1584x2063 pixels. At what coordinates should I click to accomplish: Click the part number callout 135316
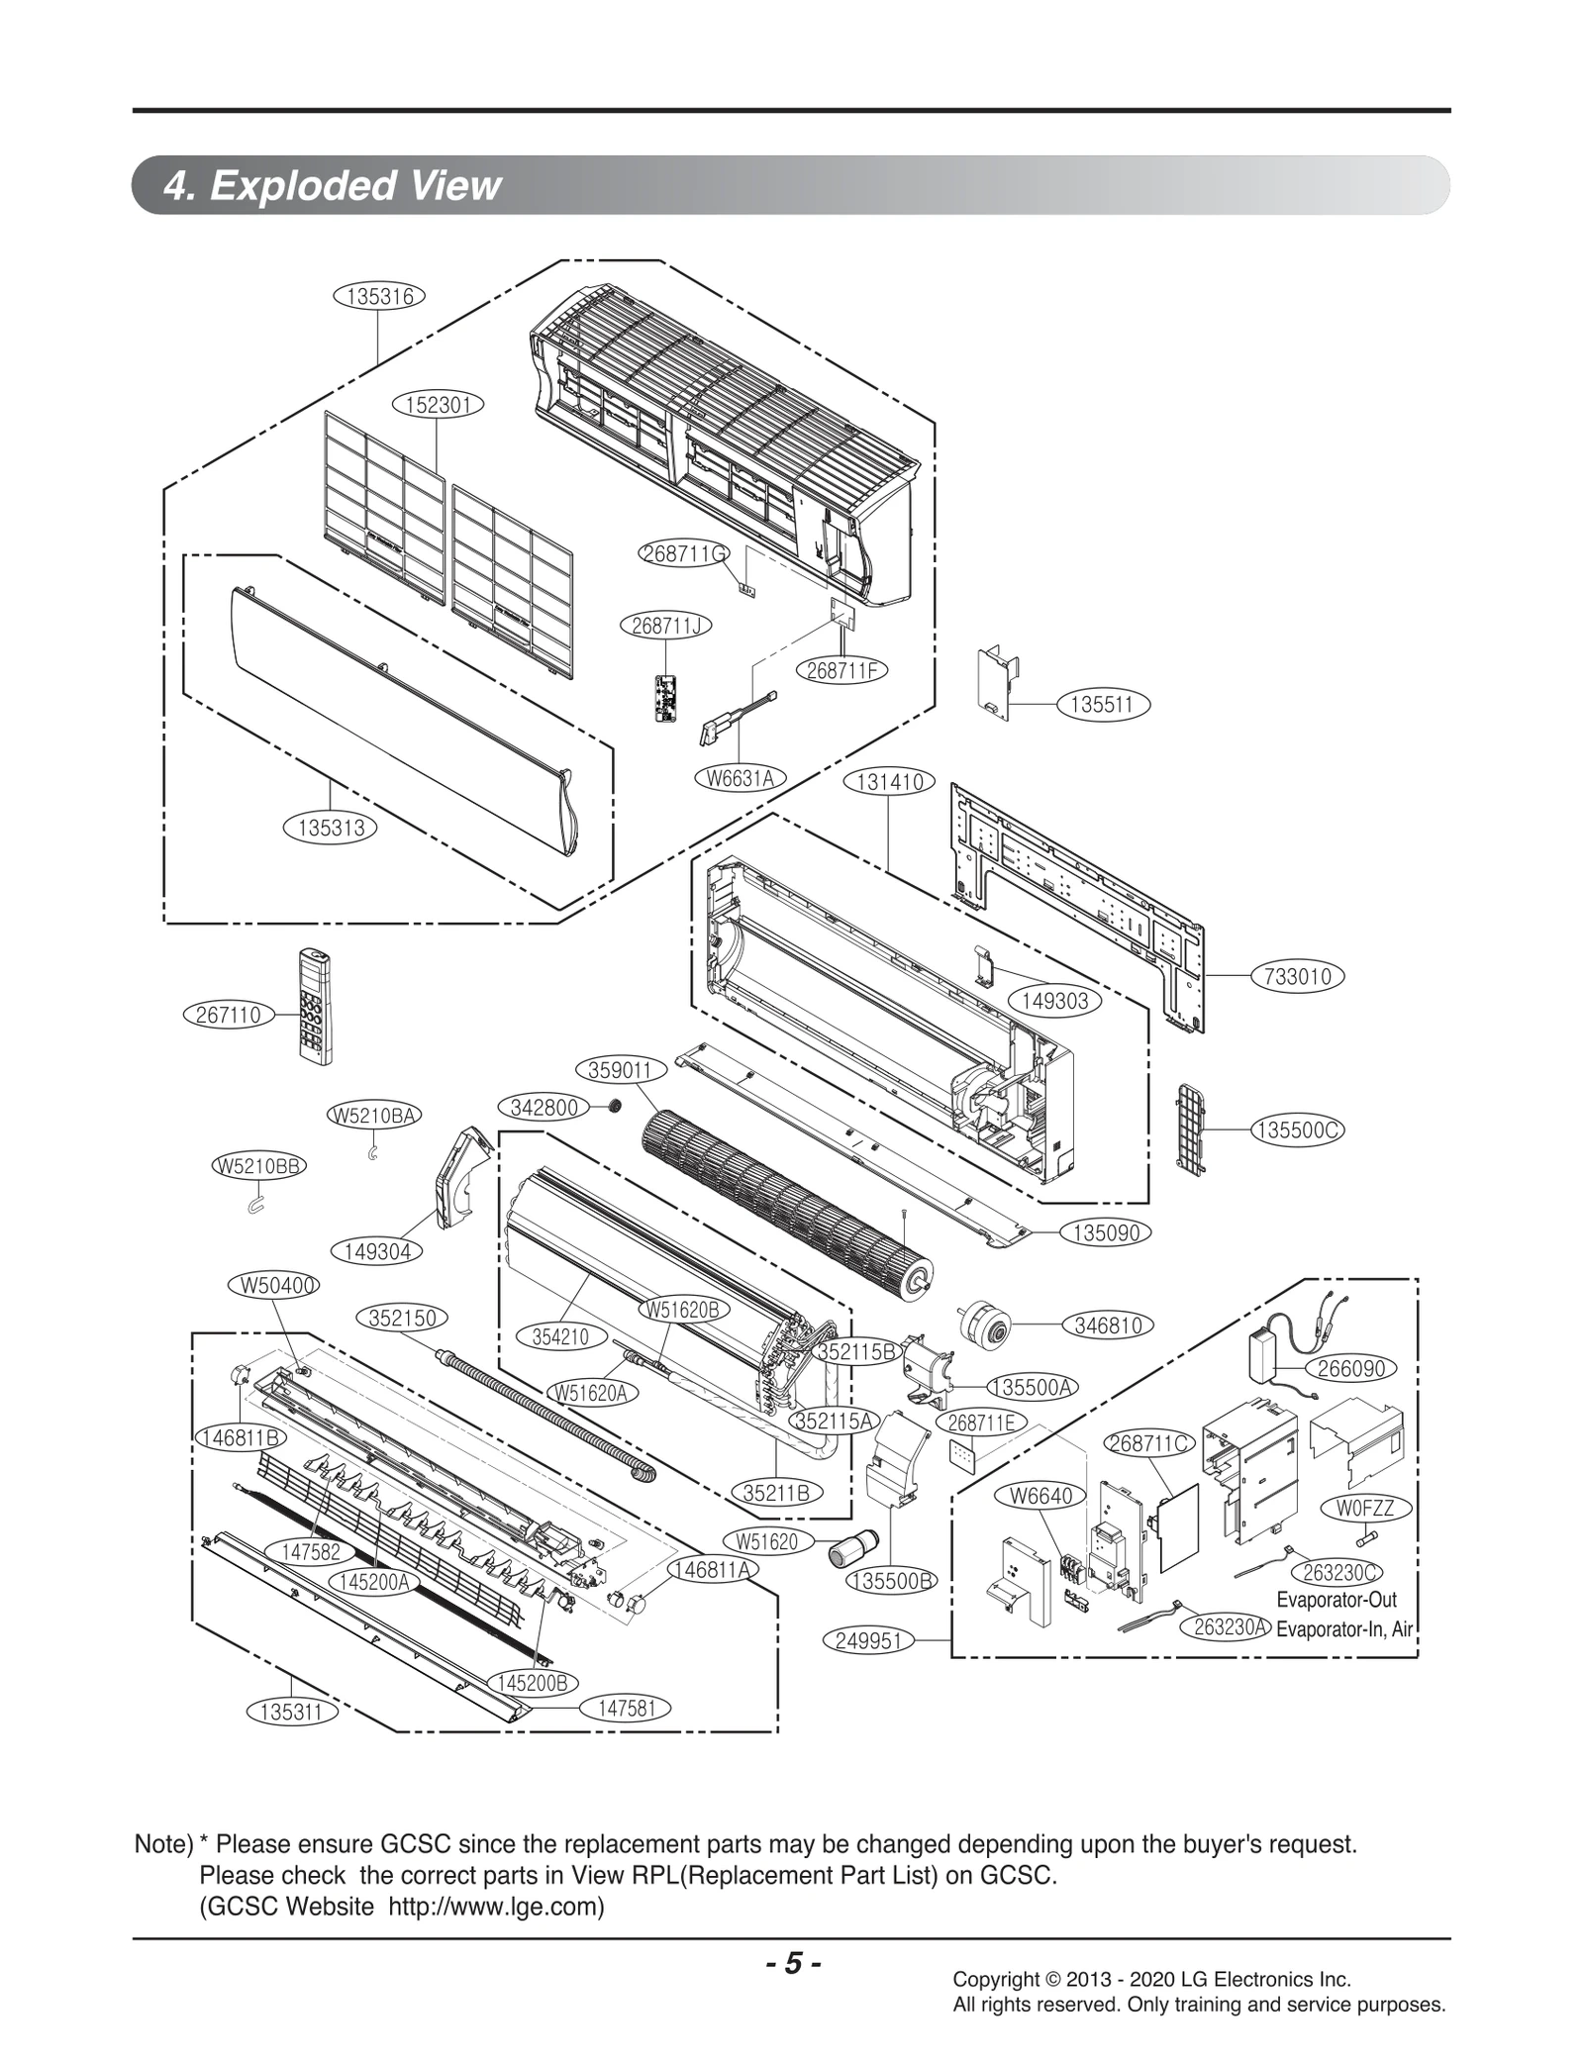pos(379,295)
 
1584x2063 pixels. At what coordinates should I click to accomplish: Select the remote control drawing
pos(315,1007)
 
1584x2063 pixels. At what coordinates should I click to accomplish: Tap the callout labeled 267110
pos(229,1015)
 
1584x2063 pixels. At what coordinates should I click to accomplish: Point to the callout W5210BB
pos(258,1166)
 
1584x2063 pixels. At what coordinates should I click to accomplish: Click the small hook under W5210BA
pos(371,1151)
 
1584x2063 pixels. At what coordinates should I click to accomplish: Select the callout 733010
pos(1298,976)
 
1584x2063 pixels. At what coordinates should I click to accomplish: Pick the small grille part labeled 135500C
pos(1188,1129)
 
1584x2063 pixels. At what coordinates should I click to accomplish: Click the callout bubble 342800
pos(544,1107)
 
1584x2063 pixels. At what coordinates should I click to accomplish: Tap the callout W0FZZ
pos(1365,1508)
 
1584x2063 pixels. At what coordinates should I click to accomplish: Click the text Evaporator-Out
pos(1336,1600)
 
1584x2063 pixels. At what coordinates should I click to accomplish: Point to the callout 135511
pos(1102,705)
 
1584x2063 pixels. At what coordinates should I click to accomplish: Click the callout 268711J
pos(665,626)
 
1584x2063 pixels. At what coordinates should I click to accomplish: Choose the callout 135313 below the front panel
pos(331,828)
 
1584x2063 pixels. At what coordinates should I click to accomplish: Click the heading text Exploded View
pos(354,185)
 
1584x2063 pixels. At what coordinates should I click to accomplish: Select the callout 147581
pos(626,1708)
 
